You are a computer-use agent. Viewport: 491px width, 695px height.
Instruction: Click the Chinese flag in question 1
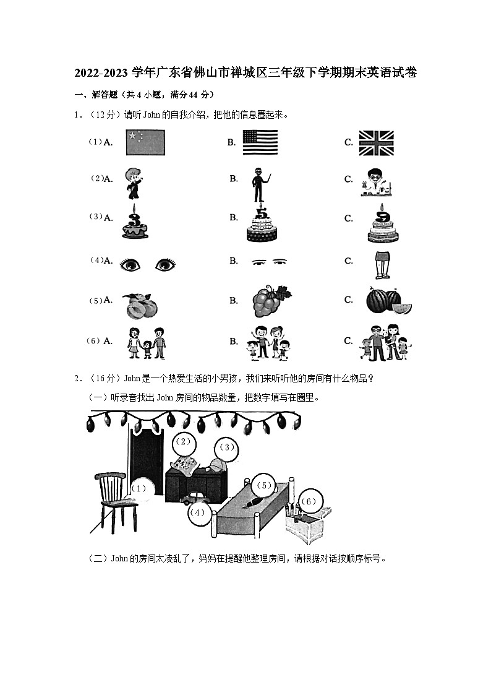click(145, 142)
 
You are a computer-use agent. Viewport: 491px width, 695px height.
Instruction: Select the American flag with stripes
click(260, 142)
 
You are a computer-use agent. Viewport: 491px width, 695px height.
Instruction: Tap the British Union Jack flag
click(377, 142)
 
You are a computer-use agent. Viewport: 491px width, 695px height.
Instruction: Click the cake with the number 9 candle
click(381, 224)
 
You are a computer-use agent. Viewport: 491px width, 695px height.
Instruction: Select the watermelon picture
click(388, 301)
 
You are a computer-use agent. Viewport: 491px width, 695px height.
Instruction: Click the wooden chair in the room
click(117, 501)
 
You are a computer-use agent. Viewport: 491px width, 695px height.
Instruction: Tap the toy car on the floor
click(194, 498)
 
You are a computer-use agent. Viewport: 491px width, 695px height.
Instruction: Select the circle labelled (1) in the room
click(140, 489)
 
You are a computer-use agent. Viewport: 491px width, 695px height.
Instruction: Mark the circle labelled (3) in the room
click(227, 447)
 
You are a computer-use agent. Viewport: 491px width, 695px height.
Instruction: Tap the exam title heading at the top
click(246, 73)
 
